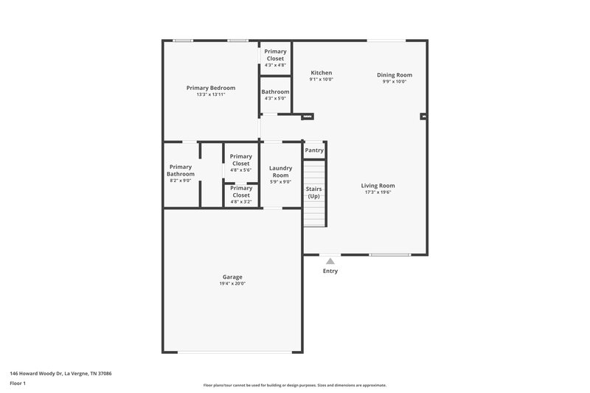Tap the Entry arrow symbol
330,261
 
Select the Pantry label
314,150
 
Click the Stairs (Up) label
314,192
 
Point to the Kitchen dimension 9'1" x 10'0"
322,80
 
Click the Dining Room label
395,74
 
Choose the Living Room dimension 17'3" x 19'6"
378,192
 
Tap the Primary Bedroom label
211,88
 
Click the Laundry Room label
280,171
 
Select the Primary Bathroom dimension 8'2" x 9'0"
181,181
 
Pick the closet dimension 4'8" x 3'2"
241,201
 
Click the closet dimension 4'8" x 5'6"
241,170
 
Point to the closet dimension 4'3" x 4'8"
275,65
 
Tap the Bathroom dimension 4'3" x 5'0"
275,99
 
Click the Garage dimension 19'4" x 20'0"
232,284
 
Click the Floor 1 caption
18,383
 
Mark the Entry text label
330,271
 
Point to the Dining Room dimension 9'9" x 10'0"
395,82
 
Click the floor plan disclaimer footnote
295,385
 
